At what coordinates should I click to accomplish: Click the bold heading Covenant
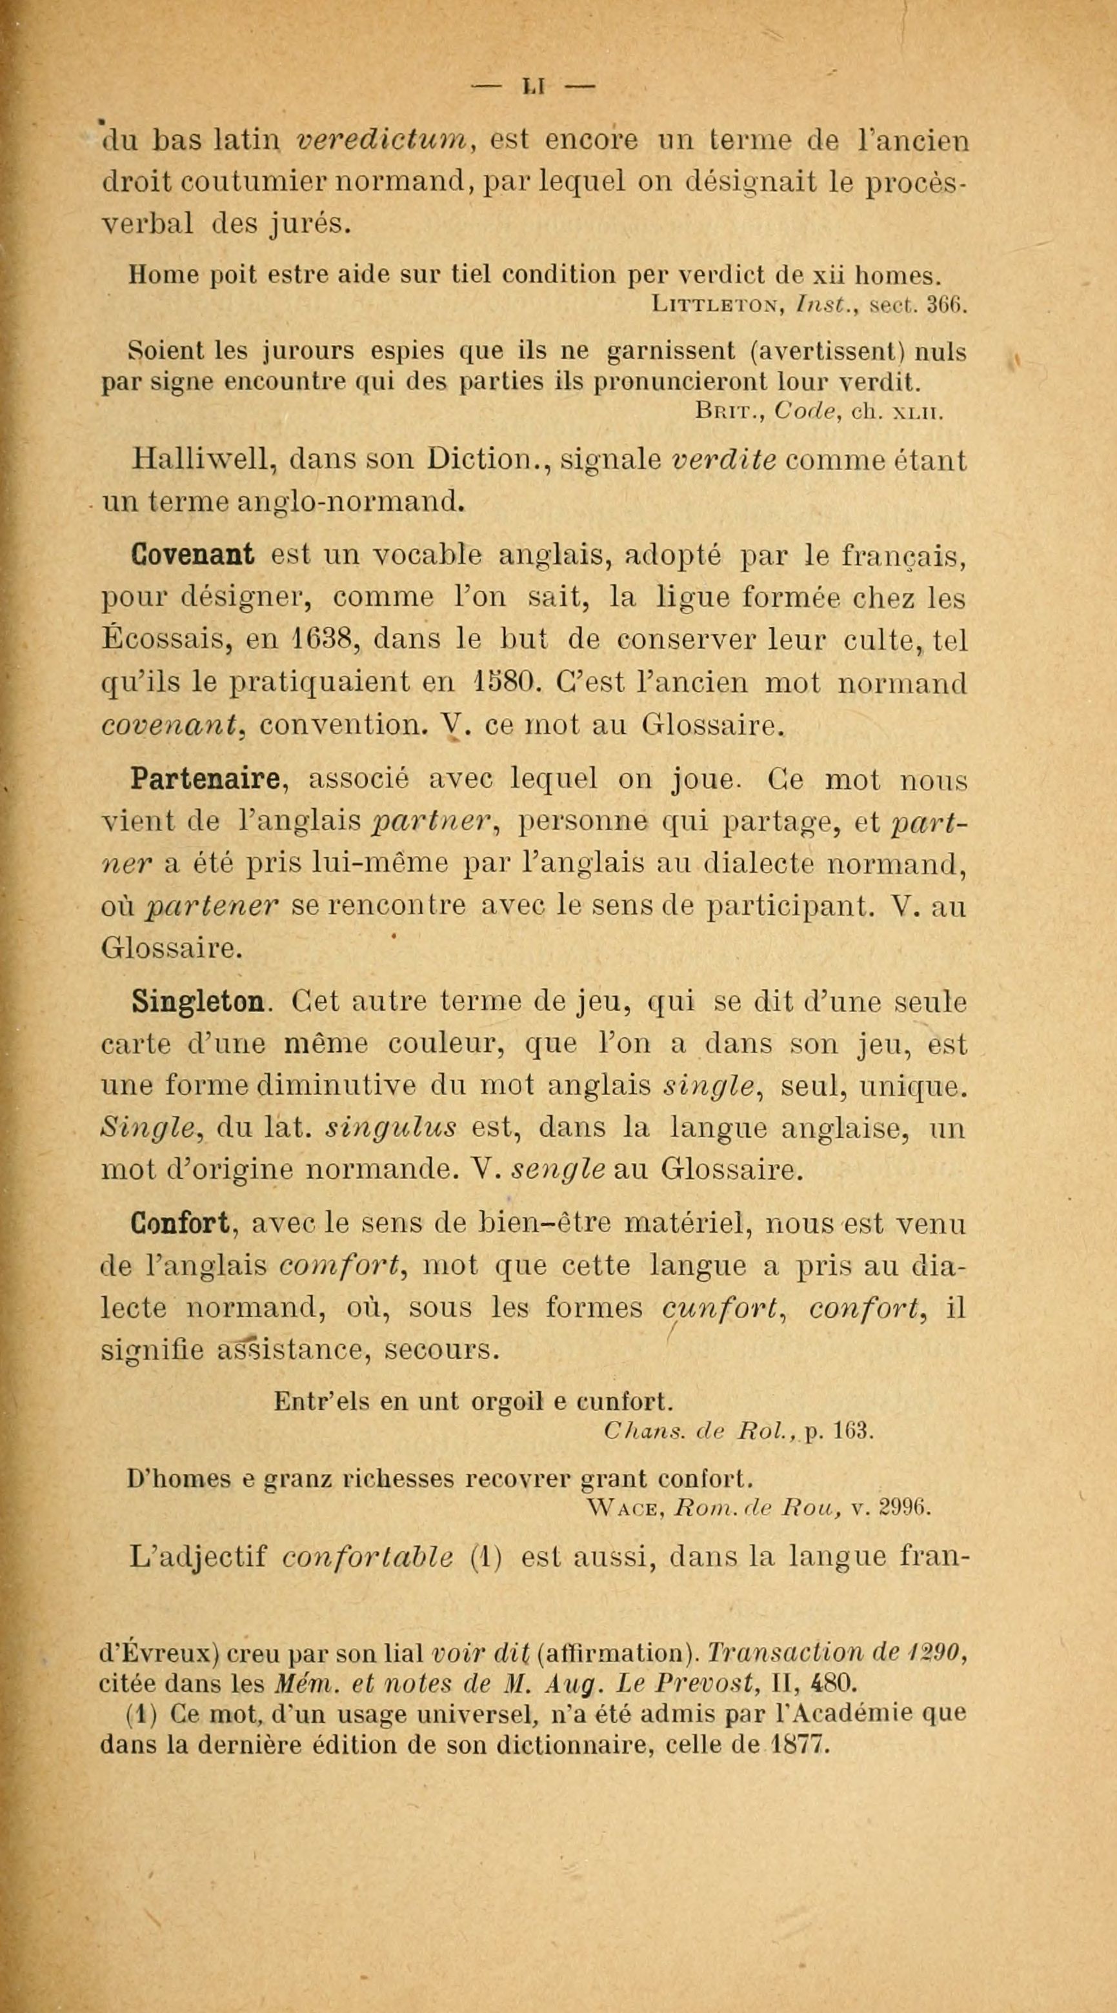coord(193,555)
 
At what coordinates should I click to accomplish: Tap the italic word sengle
coord(559,1171)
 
